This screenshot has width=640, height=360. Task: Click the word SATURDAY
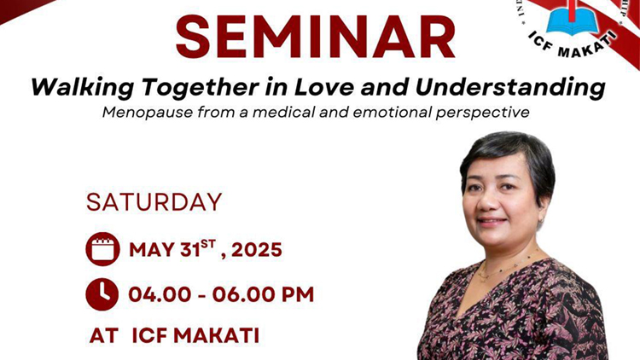(154, 202)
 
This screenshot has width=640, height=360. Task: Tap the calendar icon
(102, 250)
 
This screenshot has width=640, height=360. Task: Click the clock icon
(102, 294)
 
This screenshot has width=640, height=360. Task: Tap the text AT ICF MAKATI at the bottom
(174, 335)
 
